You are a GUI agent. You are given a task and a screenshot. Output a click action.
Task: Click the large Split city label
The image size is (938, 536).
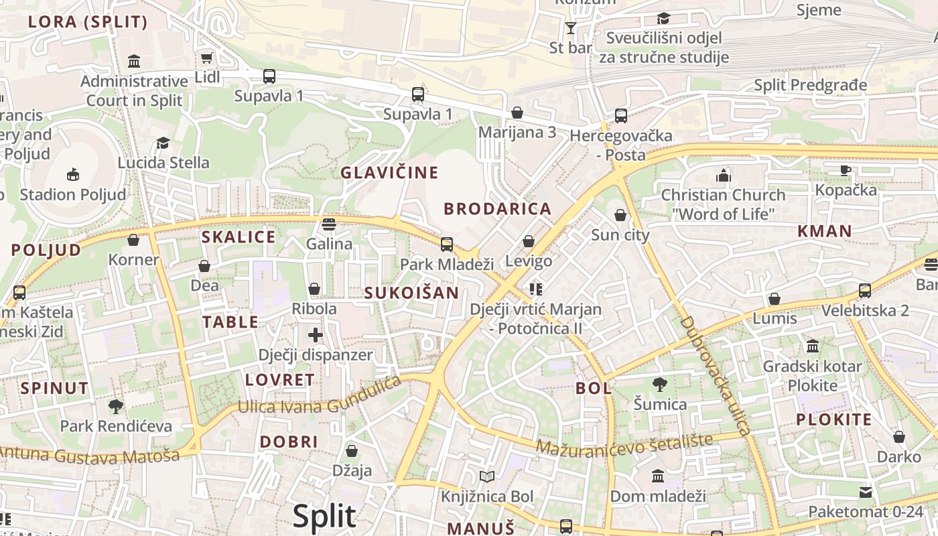(x=324, y=516)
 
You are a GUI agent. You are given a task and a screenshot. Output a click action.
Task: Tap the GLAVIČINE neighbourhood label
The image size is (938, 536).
(x=389, y=173)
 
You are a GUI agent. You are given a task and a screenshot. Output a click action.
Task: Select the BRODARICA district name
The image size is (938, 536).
(x=497, y=209)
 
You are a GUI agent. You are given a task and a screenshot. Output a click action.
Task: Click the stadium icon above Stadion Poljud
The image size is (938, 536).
(x=73, y=176)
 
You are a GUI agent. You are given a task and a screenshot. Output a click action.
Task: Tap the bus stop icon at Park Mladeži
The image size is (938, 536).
(x=447, y=245)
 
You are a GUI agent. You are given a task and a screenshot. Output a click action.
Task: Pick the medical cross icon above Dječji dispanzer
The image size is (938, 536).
(x=316, y=335)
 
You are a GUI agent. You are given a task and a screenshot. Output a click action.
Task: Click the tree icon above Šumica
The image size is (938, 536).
(x=660, y=385)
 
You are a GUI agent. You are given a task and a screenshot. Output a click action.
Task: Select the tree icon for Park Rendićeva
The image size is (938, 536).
(x=116, y=406)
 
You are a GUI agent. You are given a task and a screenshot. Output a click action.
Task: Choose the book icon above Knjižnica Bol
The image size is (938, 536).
(x=487, y=476)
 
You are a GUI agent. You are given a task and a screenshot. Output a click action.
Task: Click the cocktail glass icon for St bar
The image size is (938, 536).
(x=570, y=28)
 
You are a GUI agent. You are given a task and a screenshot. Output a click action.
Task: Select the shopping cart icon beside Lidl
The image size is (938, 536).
(x=207, y=58)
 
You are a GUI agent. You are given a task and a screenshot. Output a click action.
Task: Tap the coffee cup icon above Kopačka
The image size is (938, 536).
(x=846, y=170)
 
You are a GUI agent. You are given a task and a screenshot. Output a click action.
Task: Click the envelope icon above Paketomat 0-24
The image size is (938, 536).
(x=866, y=492)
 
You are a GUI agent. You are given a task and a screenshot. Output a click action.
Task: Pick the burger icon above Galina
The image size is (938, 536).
(x=328, y=224)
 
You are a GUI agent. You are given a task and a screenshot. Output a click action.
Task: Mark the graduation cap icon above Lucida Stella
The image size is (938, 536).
(x=163, y=143)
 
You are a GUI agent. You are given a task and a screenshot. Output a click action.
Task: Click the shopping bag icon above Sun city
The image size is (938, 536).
(x=620, y=215)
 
